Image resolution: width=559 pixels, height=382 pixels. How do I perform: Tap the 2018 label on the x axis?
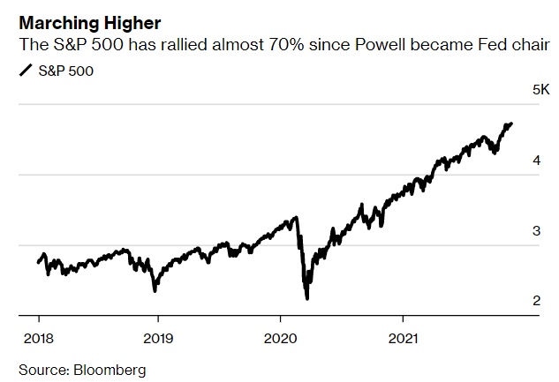click(38, 337)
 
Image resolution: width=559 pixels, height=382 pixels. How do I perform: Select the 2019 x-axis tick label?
click(158, 337)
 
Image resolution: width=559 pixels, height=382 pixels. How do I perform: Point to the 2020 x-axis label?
click(280, 337)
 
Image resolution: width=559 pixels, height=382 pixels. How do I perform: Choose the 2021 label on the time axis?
click(403, 337)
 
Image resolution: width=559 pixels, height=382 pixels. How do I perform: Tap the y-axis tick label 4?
click(536, 161)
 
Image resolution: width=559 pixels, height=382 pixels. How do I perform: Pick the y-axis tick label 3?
click(536, 231)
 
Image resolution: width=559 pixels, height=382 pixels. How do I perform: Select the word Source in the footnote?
click(41, 369)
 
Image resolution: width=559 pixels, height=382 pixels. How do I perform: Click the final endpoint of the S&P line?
click(512, 124)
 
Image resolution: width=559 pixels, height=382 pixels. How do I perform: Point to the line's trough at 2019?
click(155, 290)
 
